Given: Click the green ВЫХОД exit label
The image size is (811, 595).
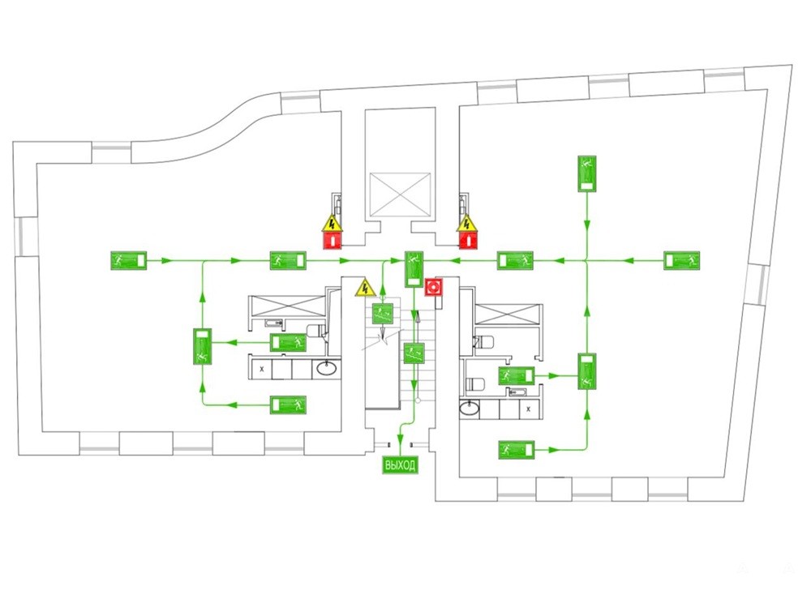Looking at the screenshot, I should click(x=400, y=465).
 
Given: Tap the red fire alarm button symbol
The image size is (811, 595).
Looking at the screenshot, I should click(x=434, y=286).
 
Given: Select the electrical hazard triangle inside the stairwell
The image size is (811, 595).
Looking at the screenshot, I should click(x=365, y=287).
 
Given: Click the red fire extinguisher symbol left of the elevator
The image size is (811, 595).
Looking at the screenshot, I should click(x=332, y=240).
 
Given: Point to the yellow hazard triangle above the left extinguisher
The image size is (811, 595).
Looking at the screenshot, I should click(x=331, y=223).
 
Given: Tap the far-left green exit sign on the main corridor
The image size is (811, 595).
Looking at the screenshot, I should click(x=128, y=260).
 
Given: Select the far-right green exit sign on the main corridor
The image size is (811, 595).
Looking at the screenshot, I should click(x=681, y=260).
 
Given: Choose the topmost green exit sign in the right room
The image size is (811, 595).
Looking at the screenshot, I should click(x=587, y=174).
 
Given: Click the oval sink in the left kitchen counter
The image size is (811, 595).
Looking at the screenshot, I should click(x=327, y=369).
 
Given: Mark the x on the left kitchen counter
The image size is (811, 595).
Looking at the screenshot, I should click(x=261, y=369).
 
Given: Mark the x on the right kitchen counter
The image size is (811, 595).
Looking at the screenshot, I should click(x=529, y=409).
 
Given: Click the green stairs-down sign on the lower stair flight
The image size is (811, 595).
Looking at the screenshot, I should click(x=414, y=353).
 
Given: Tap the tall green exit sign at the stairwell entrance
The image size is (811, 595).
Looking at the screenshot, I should click(x=414, y=268).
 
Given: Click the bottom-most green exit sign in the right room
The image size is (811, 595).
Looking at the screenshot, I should click(x=516, y=449).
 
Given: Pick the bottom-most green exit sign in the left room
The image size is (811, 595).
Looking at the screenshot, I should click(x=289, y=405).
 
